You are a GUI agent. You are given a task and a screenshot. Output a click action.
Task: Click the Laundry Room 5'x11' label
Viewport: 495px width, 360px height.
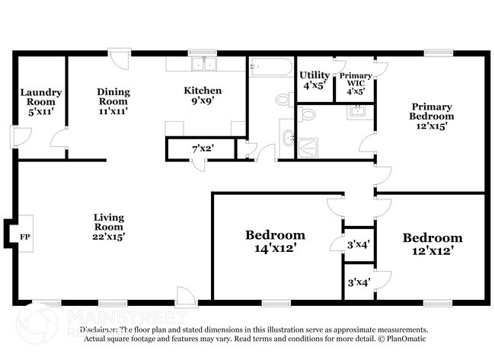click(41, 102)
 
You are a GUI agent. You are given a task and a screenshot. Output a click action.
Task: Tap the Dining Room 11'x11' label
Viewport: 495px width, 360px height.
click(113, 101)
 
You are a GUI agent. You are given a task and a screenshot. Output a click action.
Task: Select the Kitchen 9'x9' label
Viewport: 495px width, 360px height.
click(203, 95)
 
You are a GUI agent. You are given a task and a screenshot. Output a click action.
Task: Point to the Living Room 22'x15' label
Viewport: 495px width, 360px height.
click(109, 226)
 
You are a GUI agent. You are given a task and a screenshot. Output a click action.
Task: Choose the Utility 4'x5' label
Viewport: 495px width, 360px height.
click(314, 80)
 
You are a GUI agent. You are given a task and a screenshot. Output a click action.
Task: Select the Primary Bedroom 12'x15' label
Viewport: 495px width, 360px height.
click(432, 116)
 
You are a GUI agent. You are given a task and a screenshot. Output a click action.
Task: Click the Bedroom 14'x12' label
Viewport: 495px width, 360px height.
click(275, 241)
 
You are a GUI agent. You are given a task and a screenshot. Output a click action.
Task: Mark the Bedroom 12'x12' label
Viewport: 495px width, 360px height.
click(432, 243)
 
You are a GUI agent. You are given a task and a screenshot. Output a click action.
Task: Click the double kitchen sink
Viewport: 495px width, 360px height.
click(203, 65)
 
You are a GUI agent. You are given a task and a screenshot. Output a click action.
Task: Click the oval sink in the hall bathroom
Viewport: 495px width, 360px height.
click(287, 138)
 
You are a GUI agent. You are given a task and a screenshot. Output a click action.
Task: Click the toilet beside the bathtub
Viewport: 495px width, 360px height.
click(284, 99)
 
